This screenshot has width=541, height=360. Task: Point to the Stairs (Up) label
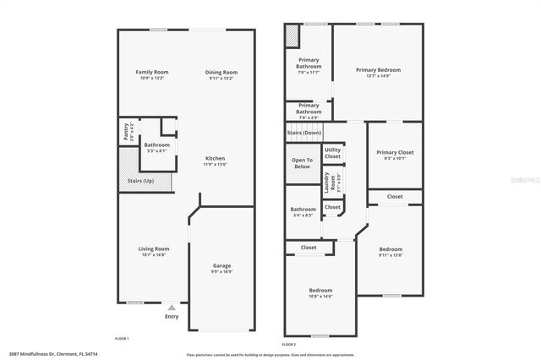pyautogui.click(x=140, y=181)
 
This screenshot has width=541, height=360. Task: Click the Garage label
pyautogui.click(x=221, y=265)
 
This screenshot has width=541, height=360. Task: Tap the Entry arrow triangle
pyautogui.click(x=172, y=308)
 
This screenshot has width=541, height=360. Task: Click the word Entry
pyautogui.click(x=172, y=317)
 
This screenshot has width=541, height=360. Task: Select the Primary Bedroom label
pyautogui.click(x=378, y=70)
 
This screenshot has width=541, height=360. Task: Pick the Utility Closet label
pyautogui.click(x=332, y=153)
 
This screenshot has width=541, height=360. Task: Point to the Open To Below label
pyautogui.click(x=302, y=163)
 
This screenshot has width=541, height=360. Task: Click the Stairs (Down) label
pyautogui.click(x=304, y=133)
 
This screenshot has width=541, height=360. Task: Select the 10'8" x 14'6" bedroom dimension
pyautogui.click(x=320, y=296)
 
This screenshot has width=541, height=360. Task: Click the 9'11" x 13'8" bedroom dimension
pyautogui.click(x=391, y=254)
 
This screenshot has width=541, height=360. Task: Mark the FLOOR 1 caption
pyautogui.click(x=122, y=338)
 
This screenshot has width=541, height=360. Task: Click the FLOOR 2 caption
pyautogui.click(x=289, y=345)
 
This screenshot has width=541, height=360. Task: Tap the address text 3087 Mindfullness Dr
pyautogui.click(x=30, y=354)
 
